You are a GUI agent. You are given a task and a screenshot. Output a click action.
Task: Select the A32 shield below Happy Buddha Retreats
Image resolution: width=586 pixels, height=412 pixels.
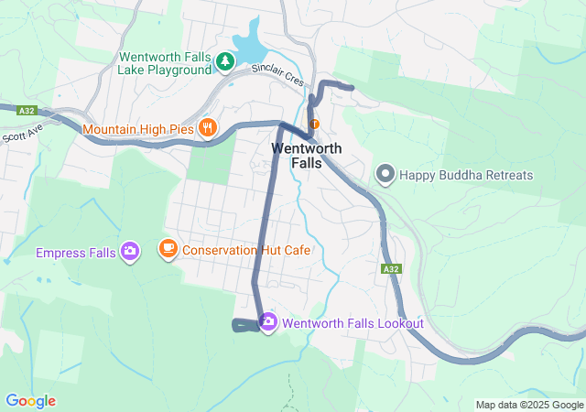click(x=391, y=269)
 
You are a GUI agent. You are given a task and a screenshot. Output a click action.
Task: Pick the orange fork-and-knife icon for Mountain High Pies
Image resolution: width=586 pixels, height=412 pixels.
click(x=208, y=128)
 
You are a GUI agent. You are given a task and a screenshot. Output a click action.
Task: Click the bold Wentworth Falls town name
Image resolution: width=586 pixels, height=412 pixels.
click(x=306, y=156)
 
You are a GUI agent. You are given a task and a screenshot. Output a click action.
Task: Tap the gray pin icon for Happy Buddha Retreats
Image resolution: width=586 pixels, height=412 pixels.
click(x=385, y=173)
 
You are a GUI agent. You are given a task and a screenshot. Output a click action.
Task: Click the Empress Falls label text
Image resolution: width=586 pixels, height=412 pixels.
click(x=75, y=252)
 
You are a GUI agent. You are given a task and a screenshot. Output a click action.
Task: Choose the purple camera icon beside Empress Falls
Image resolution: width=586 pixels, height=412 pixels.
click(x=130, y=251)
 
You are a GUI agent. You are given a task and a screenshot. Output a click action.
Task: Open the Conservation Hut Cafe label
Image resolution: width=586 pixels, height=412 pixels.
click(x=247, y=249)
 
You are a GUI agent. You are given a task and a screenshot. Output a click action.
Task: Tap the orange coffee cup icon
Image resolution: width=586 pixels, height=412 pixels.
click(x=168, y=248)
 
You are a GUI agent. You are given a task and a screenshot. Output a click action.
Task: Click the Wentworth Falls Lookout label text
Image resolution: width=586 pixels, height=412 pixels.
click(x=353, y=323)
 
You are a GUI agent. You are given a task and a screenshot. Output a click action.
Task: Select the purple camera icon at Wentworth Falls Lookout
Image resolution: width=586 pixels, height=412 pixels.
click(x=268, y=322)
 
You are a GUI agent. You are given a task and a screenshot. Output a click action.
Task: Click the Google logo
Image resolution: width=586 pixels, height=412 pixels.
click(x=30, y=401)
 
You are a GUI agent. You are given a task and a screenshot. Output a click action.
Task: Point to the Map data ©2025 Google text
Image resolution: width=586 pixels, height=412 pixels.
click(x=528, y=405)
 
